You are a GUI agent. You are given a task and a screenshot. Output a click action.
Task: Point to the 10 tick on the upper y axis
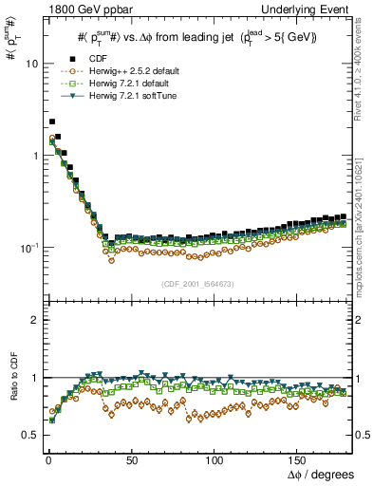click(28, 64)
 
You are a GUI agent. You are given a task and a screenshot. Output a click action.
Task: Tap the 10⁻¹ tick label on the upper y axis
click(26, 247)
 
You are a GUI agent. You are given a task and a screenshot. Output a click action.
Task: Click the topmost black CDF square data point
click(51, 121)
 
